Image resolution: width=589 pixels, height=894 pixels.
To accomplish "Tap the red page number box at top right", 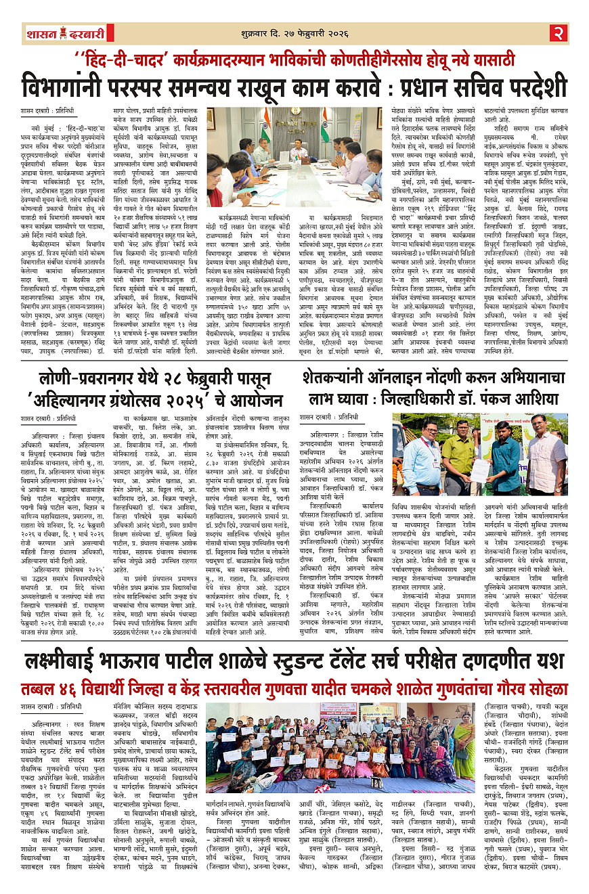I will (557, 32).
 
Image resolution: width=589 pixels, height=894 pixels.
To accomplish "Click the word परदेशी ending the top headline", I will (523, 87).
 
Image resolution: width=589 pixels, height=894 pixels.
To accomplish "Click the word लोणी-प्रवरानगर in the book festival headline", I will (86, 379).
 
